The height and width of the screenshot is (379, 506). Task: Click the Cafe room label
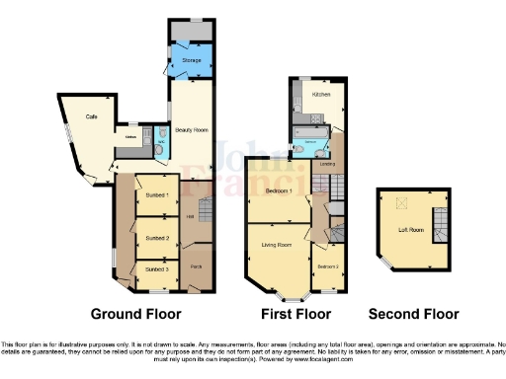(91, 117)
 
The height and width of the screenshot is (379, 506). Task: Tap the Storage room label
(192, 61)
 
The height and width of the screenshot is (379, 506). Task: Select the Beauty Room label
(191, 129)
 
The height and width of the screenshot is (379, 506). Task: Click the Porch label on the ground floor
(196, 266)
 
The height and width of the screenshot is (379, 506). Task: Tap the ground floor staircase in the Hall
(206, 209)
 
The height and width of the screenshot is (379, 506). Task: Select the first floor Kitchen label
(322, 95)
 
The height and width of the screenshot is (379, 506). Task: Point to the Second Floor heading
(414, 315)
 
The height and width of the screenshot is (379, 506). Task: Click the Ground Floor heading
(136, 315)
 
